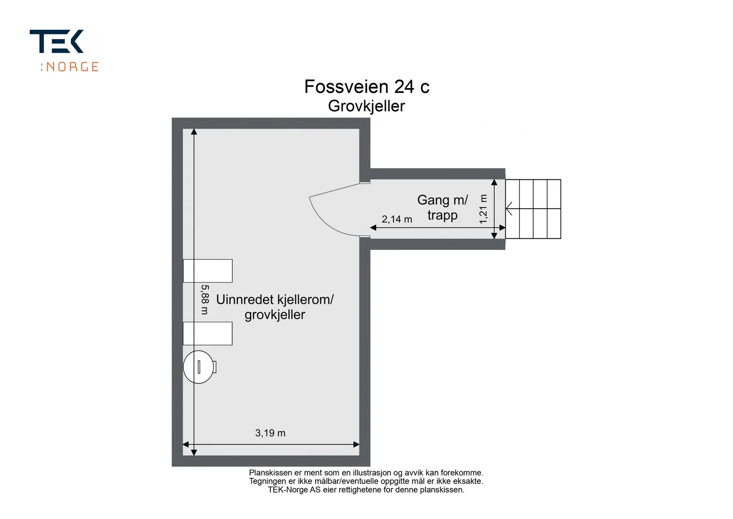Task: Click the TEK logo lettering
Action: tap(57, 41)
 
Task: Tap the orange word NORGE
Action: tap(72, 67)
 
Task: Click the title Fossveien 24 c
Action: tap(367, 87)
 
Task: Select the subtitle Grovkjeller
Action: tap(366, 106)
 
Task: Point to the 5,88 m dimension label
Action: tap(205, 299)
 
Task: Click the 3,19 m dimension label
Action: tap(270, 433)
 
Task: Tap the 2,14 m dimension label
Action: tap(397, 220)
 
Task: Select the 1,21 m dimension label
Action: tap(483, 209)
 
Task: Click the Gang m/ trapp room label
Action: tap(443, 208)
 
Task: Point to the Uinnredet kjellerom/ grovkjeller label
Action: tap(275, 307)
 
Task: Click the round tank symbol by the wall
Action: tap(199, 367)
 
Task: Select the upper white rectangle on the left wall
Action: tap(208, 271)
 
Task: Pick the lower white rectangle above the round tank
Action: tap(208, 334)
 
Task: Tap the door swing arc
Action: tap(328, 223)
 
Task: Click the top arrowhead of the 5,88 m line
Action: tap(194, 132)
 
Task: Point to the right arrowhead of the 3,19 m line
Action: tap(357, 445)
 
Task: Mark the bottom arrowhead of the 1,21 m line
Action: tap(494, 236)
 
